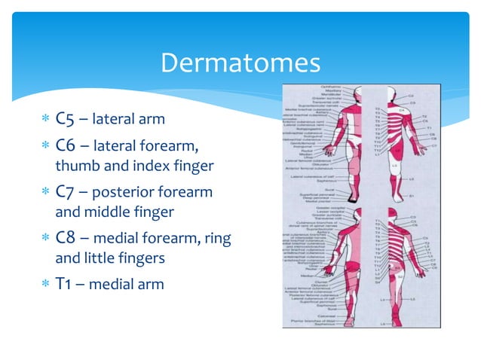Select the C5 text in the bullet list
pyautogui.click(x=64, y=119)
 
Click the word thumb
pyautogui.click(x=74, y=165)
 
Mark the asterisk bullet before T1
pyautogui.click(x=45, y=284)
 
